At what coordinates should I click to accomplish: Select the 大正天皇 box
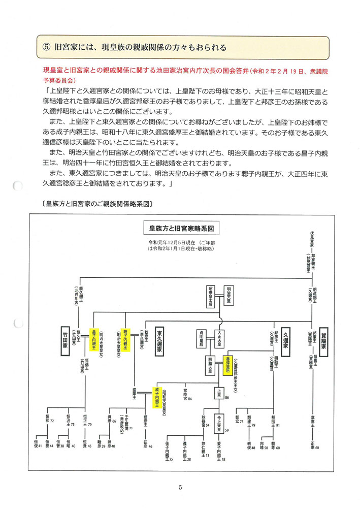point(220,339)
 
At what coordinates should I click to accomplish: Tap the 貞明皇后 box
point(203,339)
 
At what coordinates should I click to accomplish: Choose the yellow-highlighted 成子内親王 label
point(157,397)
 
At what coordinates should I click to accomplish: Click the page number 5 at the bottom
point(180,489)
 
